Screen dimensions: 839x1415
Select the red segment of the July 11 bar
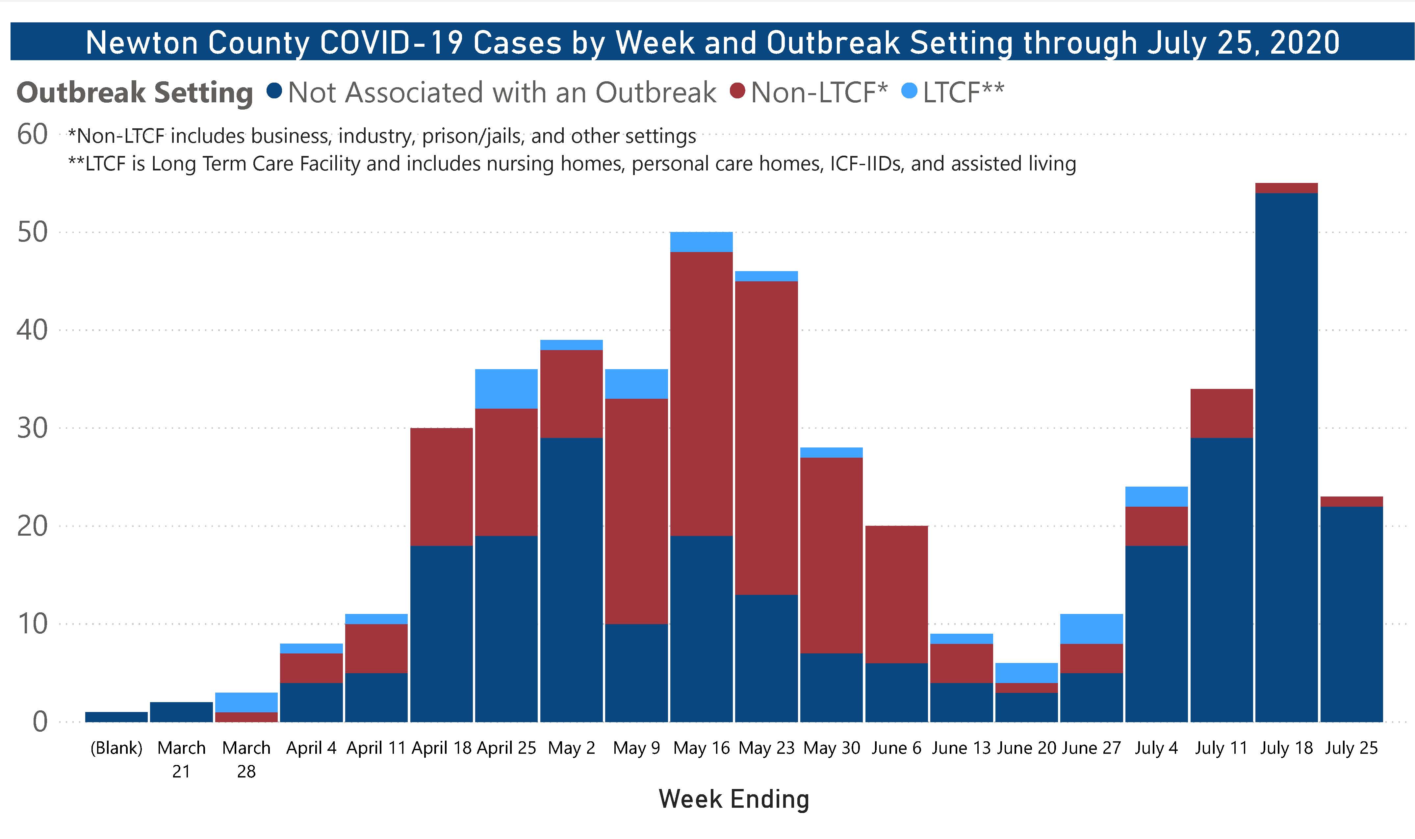(x=1221, y=413)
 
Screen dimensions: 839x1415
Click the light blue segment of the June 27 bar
(x=1091, y=629)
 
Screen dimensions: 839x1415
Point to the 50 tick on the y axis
(x=32, y=232)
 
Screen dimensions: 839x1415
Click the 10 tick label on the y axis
(x=32, y=624)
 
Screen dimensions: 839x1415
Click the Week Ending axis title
(x=734, y=799)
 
